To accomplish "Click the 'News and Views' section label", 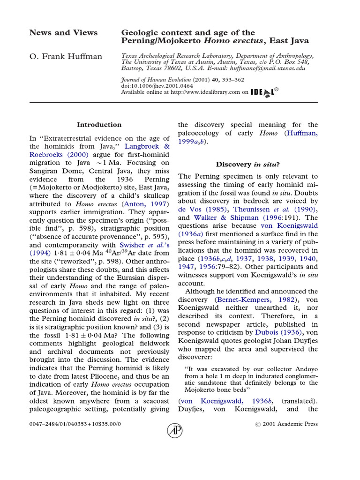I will [63, 33].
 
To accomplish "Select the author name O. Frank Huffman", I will [66, 57].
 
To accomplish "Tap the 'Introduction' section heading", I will [99, 125].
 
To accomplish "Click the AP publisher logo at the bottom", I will [175, 430].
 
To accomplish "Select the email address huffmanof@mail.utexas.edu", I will [268, 68].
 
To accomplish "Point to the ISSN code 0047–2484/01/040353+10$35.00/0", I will [75, 424].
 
